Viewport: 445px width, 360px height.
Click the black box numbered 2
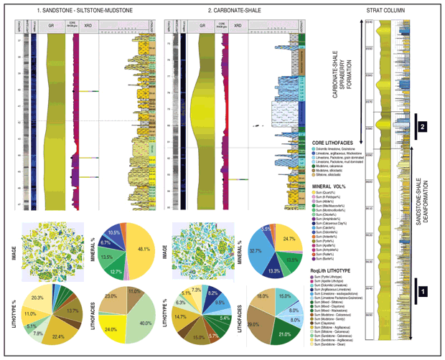click(x=423, y=126)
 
